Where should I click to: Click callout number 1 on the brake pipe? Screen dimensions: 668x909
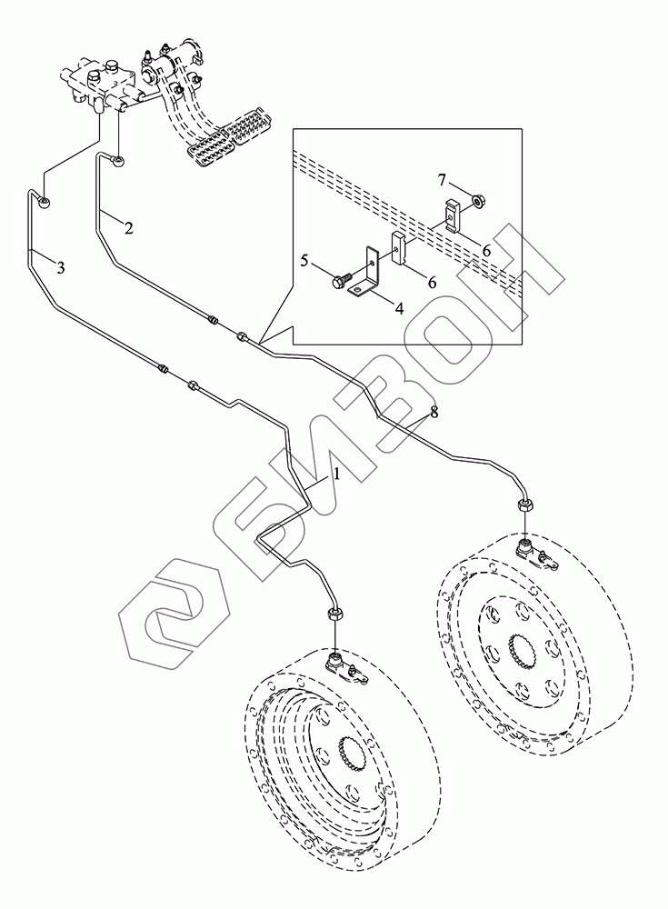coord(335,474)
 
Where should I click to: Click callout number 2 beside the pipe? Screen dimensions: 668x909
coord(129,228)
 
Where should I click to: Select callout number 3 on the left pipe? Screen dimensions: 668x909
coord(60,267)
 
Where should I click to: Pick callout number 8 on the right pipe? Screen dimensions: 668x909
coord(434,412)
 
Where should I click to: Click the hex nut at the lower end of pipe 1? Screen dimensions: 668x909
coord(333,614)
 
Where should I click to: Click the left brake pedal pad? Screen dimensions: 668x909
coord(207,148)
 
